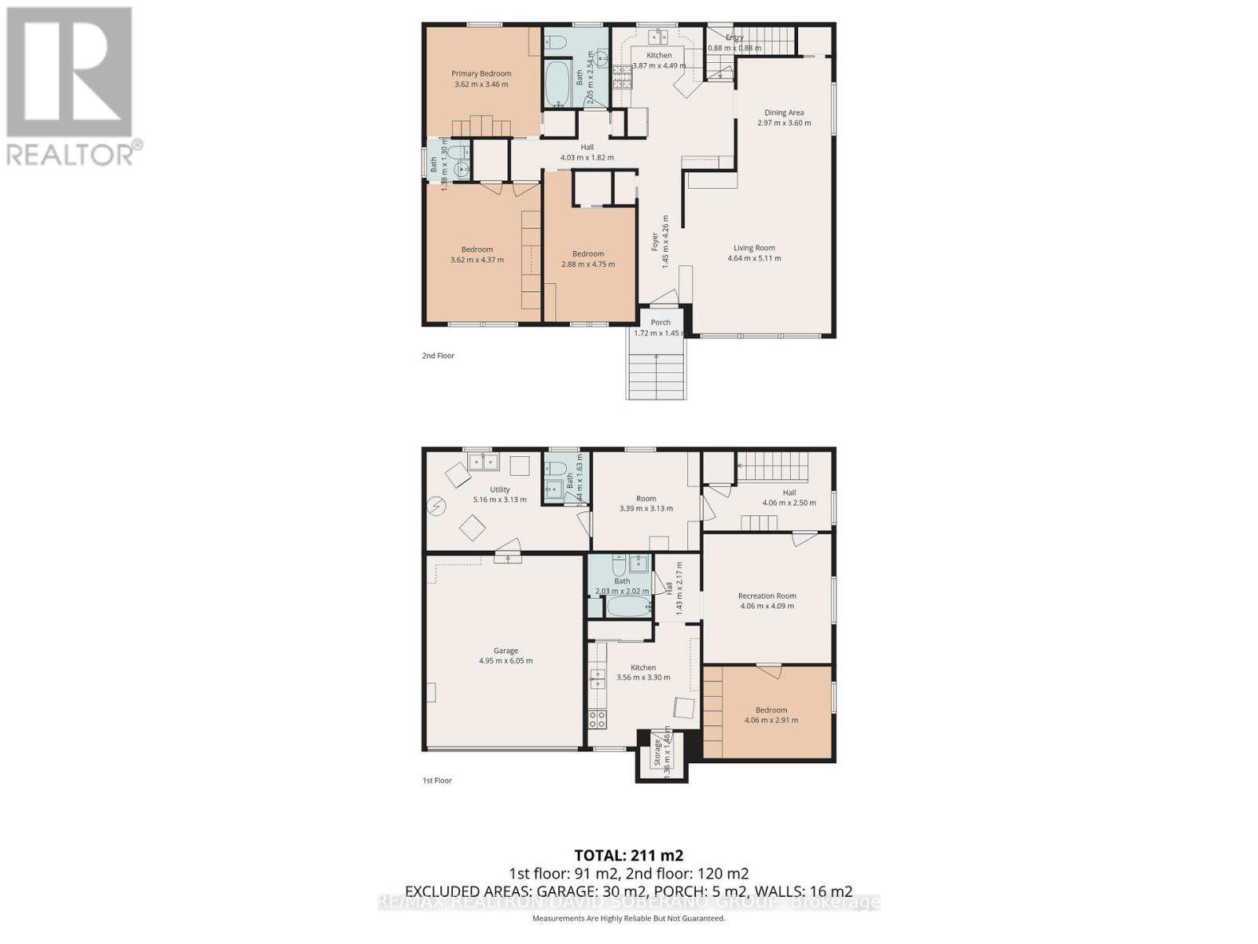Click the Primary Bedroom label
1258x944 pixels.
(x=481, y=74)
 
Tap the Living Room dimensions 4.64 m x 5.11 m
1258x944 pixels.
(x=754, y=258)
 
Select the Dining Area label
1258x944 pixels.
(x=784, y=112)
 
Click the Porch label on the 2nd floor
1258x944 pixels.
(x=660, y=323)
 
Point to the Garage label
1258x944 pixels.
(x=506, y=651)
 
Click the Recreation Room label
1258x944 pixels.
(x=767, y=596)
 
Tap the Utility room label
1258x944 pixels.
(x=500, y=489)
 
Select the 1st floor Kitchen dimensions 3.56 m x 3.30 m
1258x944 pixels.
(x=643, y=677)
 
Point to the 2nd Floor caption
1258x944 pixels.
(x=438, y=356)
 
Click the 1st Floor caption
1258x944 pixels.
(x=437, y=780)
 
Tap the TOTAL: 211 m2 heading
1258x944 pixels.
(x=628, y=855)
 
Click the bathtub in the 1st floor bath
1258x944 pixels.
(x=628, y=607)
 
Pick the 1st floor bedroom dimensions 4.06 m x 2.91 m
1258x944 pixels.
(x=771, y=720)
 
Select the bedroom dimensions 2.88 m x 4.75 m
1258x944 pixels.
(x=588, y=264)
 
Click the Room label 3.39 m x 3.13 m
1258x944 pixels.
(x=646, y=498)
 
